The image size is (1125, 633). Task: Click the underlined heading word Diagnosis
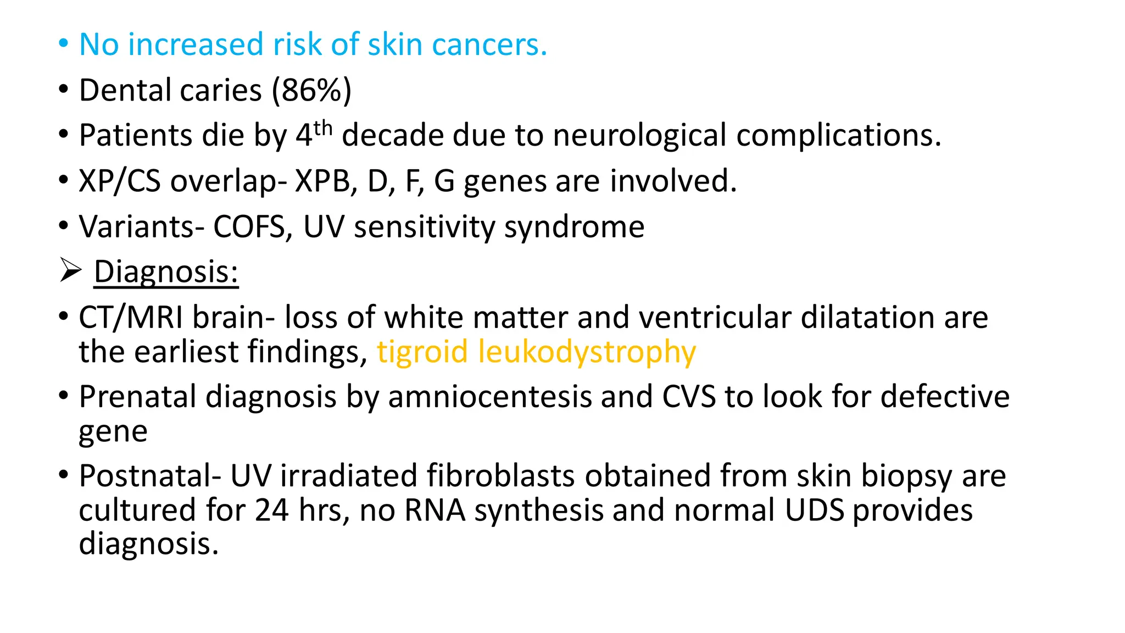pos(166,272)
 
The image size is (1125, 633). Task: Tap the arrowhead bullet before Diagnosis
pos(70,271)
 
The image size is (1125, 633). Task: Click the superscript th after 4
pos(323,129)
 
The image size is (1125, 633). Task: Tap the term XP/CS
pos(120,181)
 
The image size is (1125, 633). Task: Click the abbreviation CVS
pos(689,397)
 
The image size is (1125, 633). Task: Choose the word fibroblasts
pos(500,476)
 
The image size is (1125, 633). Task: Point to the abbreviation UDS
pos(814,510)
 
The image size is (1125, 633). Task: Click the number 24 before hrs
pos(271,510)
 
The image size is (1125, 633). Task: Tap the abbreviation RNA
pos(435,510)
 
